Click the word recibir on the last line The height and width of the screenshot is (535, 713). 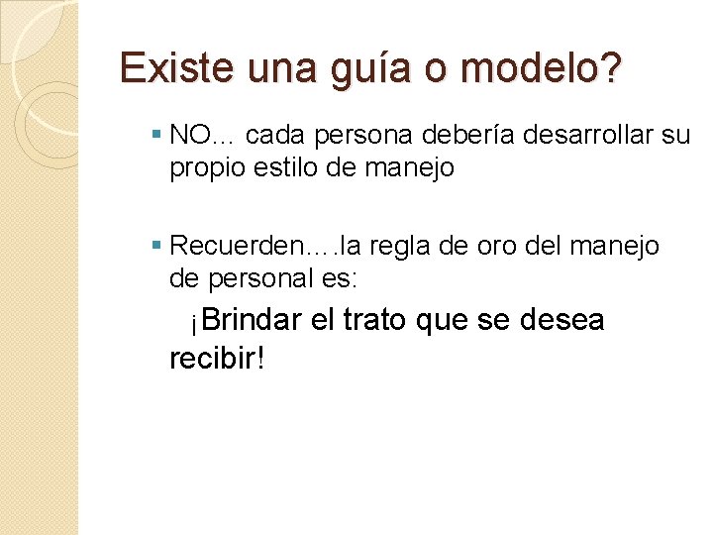[x=211, y=357]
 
